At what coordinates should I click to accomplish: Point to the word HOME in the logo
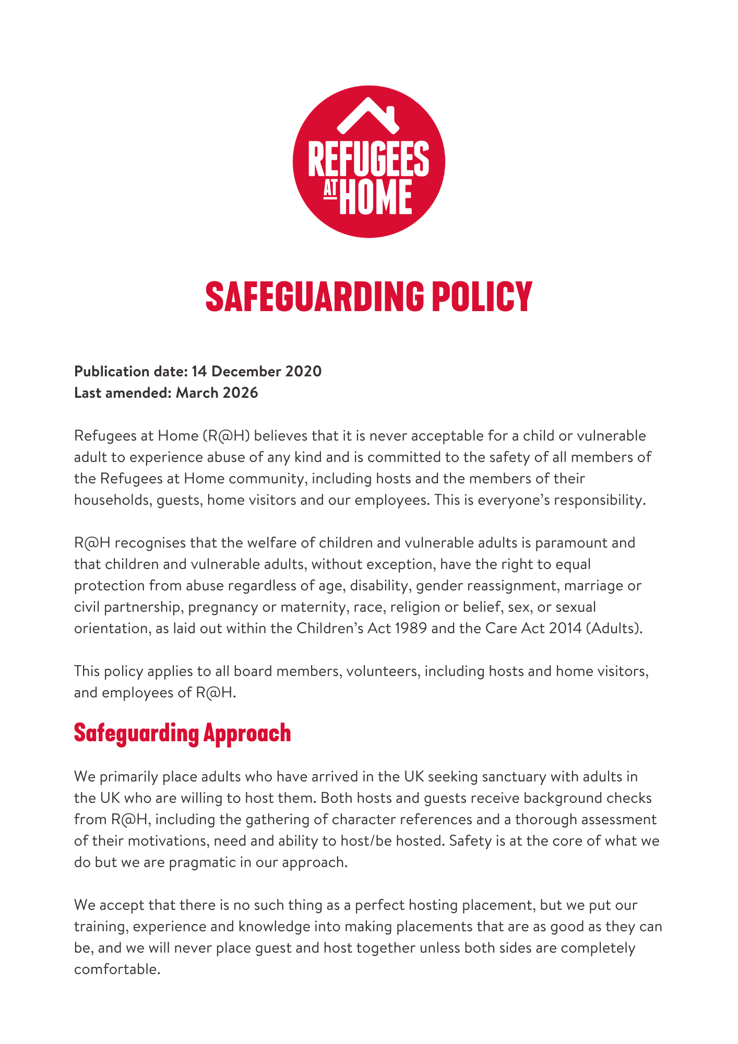376,197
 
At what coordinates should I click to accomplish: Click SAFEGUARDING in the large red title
314,296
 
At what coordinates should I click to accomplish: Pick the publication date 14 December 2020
256,371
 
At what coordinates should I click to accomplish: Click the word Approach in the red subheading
247,733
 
